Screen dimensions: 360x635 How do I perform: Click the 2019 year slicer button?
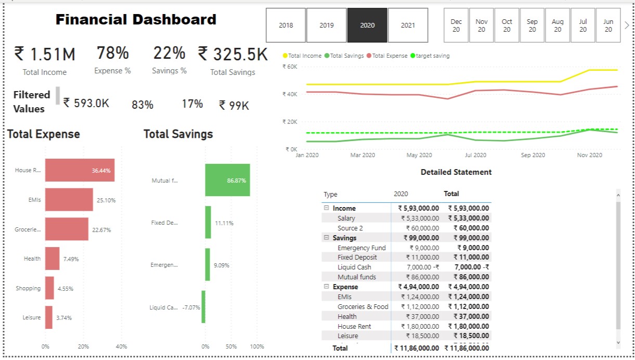tap(327, 25)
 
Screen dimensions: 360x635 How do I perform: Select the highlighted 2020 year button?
tap(367, 25)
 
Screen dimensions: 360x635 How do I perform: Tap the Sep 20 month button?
tap(532, 25)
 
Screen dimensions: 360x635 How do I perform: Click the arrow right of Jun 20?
tap(627, 25)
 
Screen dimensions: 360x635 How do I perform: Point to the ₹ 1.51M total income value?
tap(45, 54)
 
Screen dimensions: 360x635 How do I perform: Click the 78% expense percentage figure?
tap(112, 53)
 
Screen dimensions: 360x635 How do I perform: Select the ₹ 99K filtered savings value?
tap(234, 106)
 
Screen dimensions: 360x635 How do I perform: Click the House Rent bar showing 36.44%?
tap(80, 170)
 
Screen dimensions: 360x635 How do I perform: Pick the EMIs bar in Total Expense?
tap(69, 200)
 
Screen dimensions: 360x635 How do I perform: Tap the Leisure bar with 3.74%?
tap(49, 317)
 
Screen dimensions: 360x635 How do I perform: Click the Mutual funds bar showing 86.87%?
tap(227, 180)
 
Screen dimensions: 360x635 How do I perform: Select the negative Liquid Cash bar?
tap(203, 307)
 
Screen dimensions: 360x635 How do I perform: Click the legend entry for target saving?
tap(430, 56)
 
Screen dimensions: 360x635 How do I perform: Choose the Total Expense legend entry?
tap(387, 56)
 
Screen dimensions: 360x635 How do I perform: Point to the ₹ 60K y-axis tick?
tap(289, 67)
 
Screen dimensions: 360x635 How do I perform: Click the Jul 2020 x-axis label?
tap(475, 155)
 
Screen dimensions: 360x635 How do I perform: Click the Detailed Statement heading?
tap(456, 172)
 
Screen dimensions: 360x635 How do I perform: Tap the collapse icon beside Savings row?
tap(327, 238)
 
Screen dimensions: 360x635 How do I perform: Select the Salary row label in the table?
tap(346, 218)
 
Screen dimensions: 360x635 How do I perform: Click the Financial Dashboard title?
tap(136, 20)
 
